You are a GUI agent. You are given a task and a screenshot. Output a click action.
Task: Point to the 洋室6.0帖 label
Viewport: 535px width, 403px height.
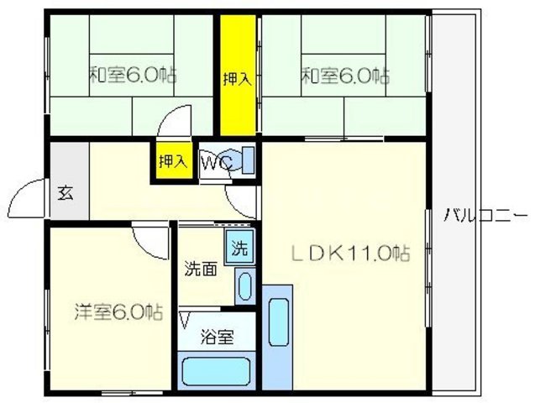118,311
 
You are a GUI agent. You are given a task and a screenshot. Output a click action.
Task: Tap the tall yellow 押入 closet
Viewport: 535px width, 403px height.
237,77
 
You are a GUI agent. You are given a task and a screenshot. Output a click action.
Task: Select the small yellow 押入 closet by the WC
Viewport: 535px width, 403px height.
172,160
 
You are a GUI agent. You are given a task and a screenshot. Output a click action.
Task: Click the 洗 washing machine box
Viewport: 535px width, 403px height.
239,249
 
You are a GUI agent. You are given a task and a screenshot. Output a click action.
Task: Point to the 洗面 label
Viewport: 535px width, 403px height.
202,270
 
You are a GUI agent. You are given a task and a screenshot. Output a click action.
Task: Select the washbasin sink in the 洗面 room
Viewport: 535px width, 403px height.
244,286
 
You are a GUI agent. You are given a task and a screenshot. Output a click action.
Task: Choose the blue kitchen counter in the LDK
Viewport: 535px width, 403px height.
278,336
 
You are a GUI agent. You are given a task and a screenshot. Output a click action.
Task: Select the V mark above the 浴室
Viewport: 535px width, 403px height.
185,319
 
